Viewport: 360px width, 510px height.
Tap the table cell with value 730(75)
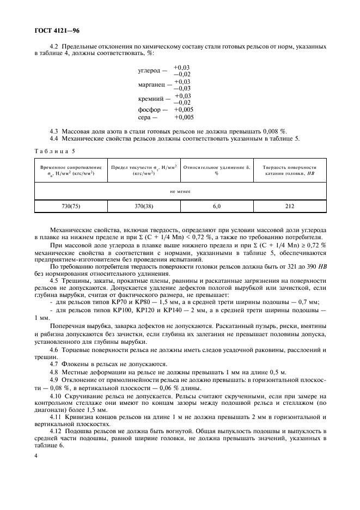[x=71, y=207]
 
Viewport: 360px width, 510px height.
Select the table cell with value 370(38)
[x=144, y=207]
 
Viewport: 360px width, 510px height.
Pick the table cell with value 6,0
[x=216, y=207]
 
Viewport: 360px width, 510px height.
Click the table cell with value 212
[x=289, y=207]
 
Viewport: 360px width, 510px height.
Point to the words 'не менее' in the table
[x=180, y=191]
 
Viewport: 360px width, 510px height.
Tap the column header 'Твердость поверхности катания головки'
[x=289, y=170]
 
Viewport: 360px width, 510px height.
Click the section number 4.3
[x=54, y=131]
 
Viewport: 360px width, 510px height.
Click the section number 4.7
[x=54, y=363]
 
